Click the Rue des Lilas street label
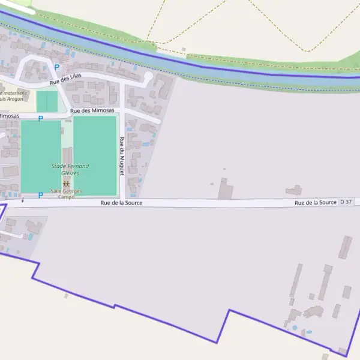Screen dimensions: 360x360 click(65, 79)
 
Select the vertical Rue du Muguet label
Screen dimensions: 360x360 click(122, 156)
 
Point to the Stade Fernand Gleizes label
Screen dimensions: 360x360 click(70, 169)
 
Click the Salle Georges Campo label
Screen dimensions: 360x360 click(66, 194)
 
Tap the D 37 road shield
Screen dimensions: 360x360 click(346, 202)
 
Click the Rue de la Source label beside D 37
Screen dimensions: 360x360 click(315, 203)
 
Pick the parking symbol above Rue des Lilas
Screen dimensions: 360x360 click(57, 68)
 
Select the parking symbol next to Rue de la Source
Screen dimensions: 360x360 click(40, 195)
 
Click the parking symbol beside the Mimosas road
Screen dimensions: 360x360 click(40, 119)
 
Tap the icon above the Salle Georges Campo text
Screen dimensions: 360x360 click(66, 184)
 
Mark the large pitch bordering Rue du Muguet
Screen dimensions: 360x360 click(94, 155)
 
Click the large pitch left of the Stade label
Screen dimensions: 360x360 click(41, 157)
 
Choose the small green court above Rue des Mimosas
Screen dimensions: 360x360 click(47, 101)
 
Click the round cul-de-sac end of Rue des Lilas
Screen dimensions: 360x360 click(148, 76)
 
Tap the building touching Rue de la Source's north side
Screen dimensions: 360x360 click(225, 190)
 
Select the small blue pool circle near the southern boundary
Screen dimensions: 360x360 click(294, 328)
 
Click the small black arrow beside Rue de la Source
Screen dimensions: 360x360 click(22, 201)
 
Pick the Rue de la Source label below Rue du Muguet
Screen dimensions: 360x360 click(121, 203)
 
